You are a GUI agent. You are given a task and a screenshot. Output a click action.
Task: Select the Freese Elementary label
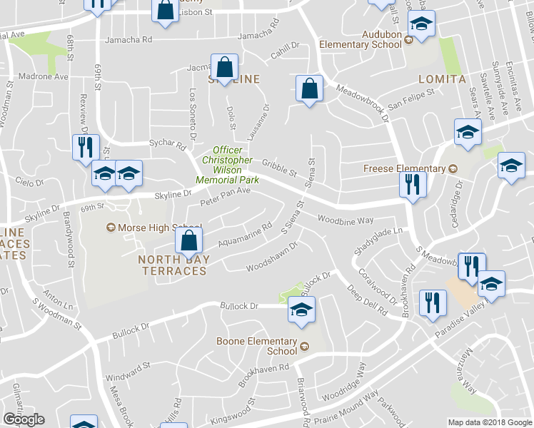click(x=405, y=169)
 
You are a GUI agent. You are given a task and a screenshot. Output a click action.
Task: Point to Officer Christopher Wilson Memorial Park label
click(x=231, y=165)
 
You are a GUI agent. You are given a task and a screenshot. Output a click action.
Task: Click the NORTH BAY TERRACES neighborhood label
click(x=173, y=265)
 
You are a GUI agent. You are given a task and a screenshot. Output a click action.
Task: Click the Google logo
click(x=24, y=419)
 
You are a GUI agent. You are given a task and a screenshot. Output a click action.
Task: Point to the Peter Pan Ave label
click(x=225, y=196)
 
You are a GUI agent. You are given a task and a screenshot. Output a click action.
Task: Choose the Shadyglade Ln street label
click(x=378, y=240)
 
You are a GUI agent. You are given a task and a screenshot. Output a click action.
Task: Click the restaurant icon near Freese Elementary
click(x=413, y=185)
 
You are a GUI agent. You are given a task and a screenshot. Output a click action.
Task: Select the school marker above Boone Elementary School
click(x=301, y=310)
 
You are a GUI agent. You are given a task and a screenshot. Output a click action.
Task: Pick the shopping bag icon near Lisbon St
click(x=165, y=10)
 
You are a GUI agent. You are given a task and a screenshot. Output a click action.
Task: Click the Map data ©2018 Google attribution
click(x=490, y=422)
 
